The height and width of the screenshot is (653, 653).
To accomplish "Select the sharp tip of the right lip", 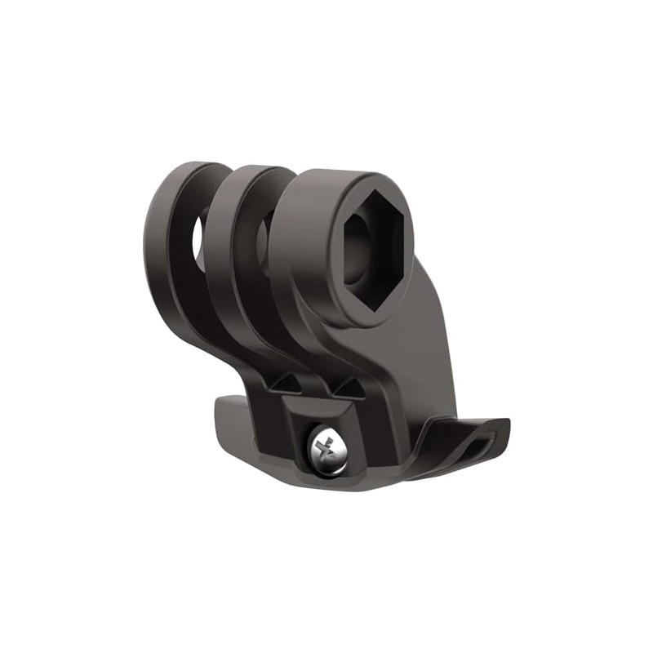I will (506, 424).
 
